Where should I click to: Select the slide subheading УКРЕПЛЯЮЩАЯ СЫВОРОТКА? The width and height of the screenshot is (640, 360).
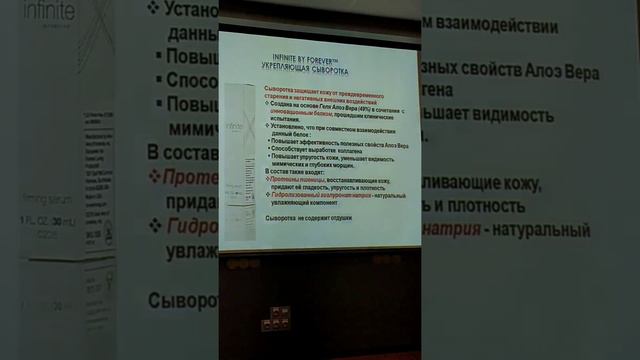click(x=319, y=70)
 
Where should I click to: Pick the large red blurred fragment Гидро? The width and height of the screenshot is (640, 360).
click(x=194, y=226)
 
